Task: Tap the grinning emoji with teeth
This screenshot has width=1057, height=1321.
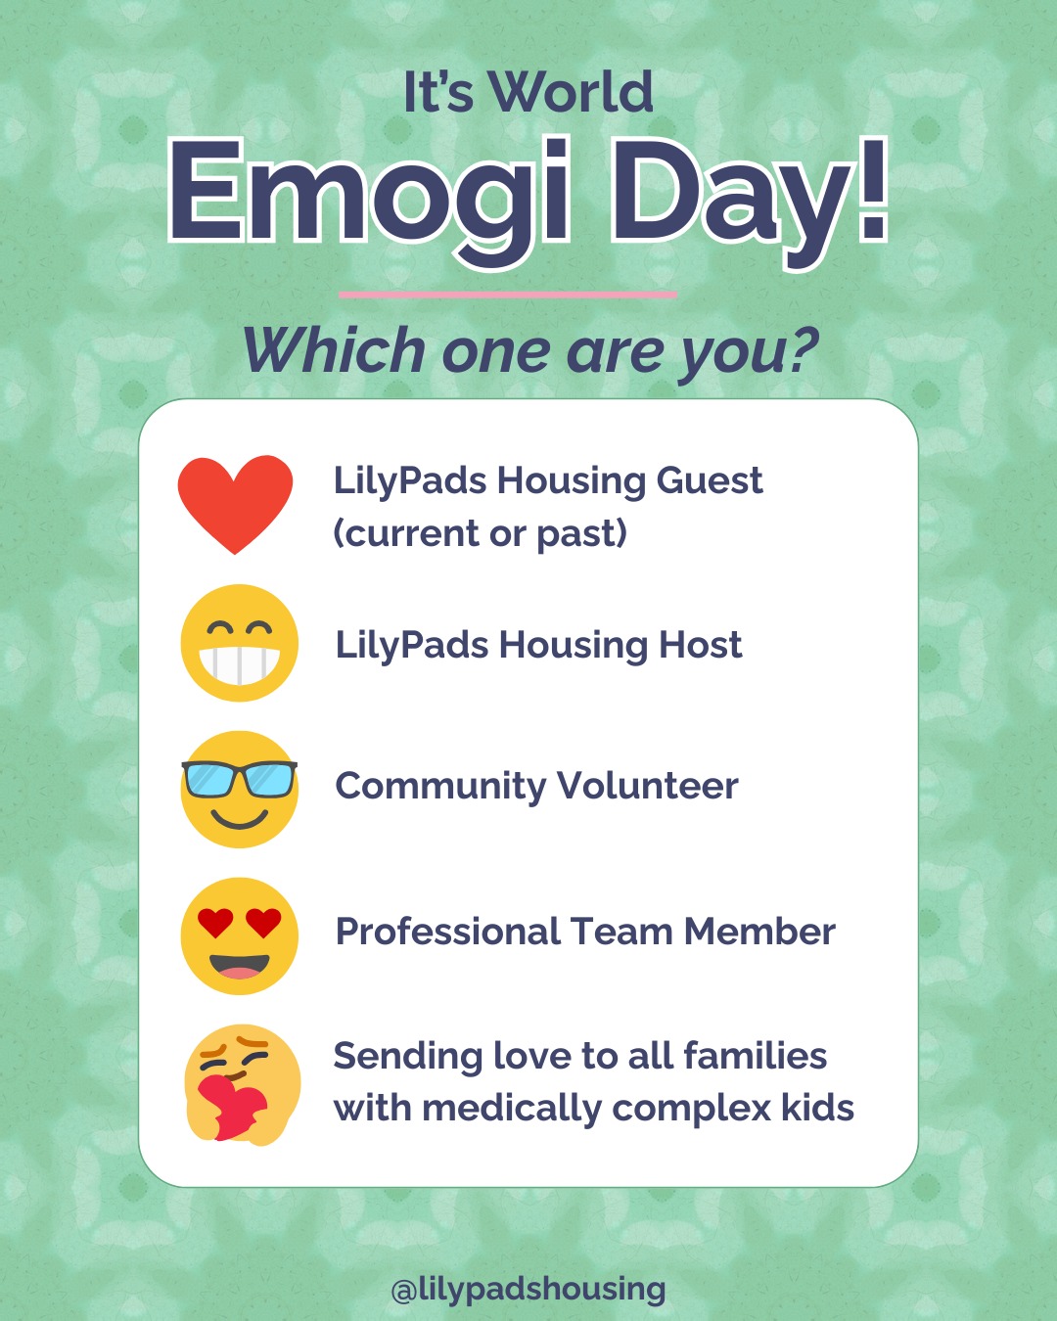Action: [x=239, y=643]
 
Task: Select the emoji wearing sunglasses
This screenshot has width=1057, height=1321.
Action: [x=239, y=789]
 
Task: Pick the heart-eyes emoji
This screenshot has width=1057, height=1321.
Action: [x=239, y=935]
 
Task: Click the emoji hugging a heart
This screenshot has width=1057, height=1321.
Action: [x=241, y=1083]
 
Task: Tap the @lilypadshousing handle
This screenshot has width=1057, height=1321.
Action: [x=528, y=1289]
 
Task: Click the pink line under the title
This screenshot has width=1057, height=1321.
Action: [x=507, y=294]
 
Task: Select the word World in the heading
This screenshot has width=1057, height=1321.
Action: [x=571, y=93]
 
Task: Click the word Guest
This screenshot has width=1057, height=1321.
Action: [x=710, y=480]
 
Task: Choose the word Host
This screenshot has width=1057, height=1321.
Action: [x=700, y=645]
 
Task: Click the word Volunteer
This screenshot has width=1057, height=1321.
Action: [x=647, y=786]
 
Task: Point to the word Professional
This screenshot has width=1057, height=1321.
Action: [x=446, y=932]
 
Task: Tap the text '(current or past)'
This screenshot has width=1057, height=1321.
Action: [x=480, y=533]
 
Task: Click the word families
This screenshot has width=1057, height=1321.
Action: [x=755, y=1056]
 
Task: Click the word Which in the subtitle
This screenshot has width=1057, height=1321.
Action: [x=334, y=350]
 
